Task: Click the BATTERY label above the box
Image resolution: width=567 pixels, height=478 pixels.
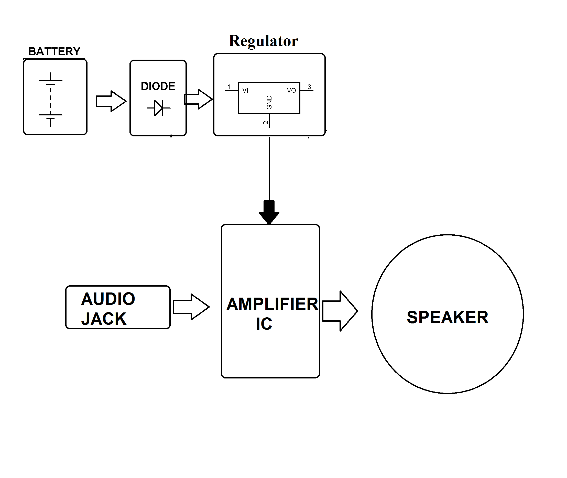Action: [54, 51]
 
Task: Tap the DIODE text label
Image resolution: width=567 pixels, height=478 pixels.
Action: [158, 86]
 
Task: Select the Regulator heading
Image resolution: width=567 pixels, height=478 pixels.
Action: [263, 41]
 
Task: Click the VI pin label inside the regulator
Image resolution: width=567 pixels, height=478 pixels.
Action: [245, 91]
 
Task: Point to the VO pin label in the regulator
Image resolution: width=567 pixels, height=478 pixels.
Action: [291, 91]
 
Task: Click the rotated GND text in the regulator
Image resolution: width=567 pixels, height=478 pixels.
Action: [269, 102]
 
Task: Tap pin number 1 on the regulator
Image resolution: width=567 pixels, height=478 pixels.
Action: [229, 87]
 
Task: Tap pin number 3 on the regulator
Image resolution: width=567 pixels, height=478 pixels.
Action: [309, 87]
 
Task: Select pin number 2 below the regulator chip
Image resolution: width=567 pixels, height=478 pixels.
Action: [266, 123]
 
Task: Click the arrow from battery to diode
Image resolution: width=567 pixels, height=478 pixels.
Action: [111, 101]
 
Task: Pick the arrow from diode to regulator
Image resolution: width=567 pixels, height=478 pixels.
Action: [198, 99]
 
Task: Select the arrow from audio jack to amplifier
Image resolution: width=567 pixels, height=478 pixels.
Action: [191, 307]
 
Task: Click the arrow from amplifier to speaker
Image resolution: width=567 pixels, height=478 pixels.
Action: [340, 311]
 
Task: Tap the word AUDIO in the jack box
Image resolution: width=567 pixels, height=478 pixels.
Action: [108, 299]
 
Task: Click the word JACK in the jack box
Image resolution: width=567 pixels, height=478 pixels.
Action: [104, 319]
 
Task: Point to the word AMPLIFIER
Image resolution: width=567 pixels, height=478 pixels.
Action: [272, 304]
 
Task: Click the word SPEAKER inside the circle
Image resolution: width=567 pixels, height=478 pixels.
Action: [448, 317]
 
